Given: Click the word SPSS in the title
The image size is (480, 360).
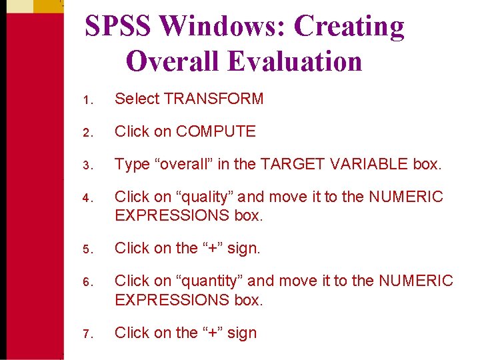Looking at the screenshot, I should point(119,27).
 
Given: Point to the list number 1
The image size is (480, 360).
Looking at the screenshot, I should point(87,100).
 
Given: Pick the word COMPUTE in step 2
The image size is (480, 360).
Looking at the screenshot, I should point(215,132).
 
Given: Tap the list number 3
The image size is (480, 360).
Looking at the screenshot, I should point(87,165).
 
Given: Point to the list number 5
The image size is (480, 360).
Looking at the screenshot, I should point(87,249).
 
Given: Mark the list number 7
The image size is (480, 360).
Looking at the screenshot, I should point(87,333).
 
